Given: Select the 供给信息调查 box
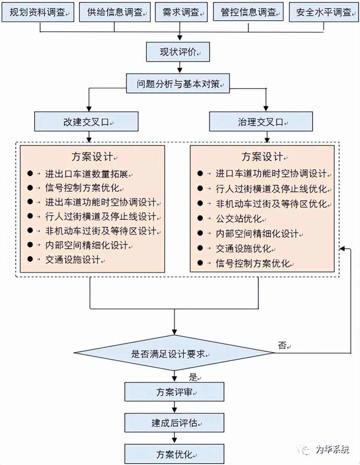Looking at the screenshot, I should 115,12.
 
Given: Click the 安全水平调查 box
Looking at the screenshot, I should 324,12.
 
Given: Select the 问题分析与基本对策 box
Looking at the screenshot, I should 178,84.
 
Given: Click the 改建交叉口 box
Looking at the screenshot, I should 86,122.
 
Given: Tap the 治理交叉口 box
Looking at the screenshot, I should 261,122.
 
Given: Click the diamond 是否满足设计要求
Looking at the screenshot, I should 174,353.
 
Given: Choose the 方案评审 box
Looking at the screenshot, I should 174,392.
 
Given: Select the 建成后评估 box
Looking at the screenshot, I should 174,423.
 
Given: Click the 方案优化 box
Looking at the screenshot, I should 174,454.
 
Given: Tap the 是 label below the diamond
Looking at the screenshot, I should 194,378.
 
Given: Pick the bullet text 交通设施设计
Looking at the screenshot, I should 73,260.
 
